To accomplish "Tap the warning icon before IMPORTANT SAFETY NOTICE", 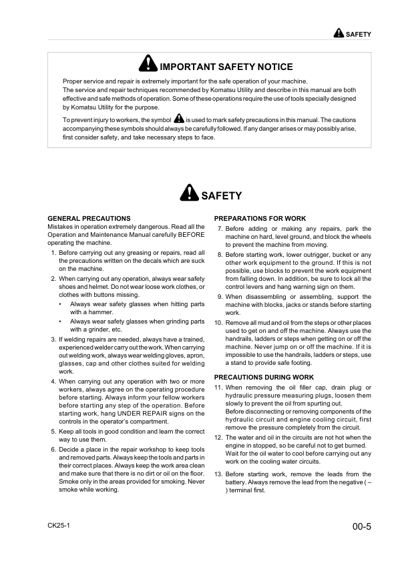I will pyautogui.click(x=148, y=64).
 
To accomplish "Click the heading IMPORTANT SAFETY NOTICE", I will pyautogui.click(x=226, y=67).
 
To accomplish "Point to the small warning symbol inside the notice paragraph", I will pyautogui.click(x=178, y=119).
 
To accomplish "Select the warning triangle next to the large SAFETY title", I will pyautogui.click(x=190, y=193).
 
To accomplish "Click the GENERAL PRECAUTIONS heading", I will pyautogui.click(x=89, y=218).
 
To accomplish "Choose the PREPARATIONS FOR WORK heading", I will pyautogui.click(x=260, y=218).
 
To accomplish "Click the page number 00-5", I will pyautogui.click(x=361, y=527).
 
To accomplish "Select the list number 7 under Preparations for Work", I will pyautogui.click(x=220, y=229).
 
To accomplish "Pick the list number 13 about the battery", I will pyautogui.click(x=218, y=474).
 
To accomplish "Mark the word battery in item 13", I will pyautogui.click(x=237, y=482).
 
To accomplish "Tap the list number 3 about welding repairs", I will pyautogui.click(x=53, y=339).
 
